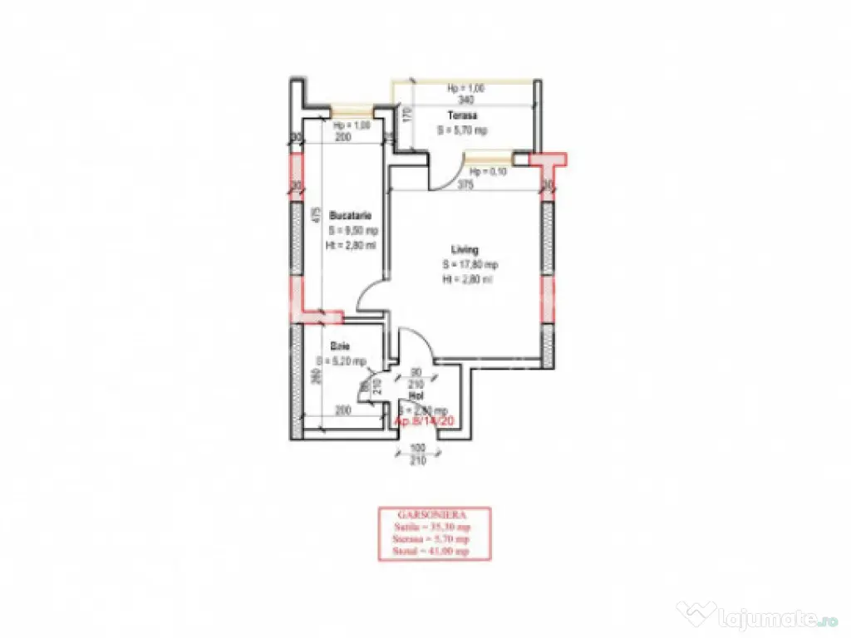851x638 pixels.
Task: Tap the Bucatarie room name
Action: (344, 215)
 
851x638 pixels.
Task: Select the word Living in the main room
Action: (465, 249)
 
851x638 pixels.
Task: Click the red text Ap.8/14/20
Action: (424, 422)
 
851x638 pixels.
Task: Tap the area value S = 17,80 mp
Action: (470, 265)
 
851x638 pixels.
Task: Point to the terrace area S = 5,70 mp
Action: (463, 130)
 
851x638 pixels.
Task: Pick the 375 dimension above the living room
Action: (465, 186)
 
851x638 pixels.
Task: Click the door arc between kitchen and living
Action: (371, 296)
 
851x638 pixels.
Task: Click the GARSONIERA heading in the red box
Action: (435, 514)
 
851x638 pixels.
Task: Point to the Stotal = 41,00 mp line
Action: (435, 551)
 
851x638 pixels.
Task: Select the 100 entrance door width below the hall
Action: (416, 449)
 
